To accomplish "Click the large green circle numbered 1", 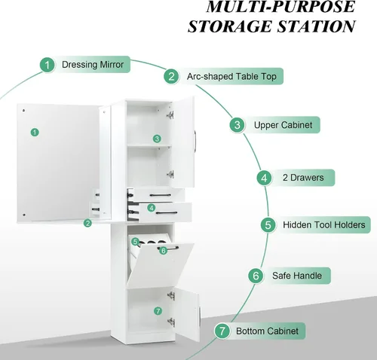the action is [x=48, y=65].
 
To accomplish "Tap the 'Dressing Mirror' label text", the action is [x=93, y=65].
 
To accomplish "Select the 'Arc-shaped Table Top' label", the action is [x=231, y=76].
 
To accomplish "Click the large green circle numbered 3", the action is [x=237, y=125].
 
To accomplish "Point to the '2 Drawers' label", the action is [x=303, y=178].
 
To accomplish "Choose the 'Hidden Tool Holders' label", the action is [x=324, y=224].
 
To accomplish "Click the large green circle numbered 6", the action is [x=256, y=276].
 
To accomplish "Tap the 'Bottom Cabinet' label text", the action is [x=267, y=331].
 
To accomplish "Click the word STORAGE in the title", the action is [x=231, y=26].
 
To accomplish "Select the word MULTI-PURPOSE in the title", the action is [x=280, y=7].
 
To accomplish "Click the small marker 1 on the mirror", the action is [x=35, y=133].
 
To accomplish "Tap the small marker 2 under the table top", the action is [x=87, y=223].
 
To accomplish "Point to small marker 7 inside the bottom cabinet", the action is [x=158, y=311].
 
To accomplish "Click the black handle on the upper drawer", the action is [x=161, y=195].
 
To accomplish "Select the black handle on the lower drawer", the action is [x=167, y=213].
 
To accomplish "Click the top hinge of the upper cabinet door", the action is [x=170, y=115].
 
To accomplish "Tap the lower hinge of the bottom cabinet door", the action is [x=171, y=322].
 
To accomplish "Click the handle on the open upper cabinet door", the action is [x=196, y=141].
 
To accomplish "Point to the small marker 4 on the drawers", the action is [x=151, y=208].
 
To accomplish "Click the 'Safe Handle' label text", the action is [x=297, y=276].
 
